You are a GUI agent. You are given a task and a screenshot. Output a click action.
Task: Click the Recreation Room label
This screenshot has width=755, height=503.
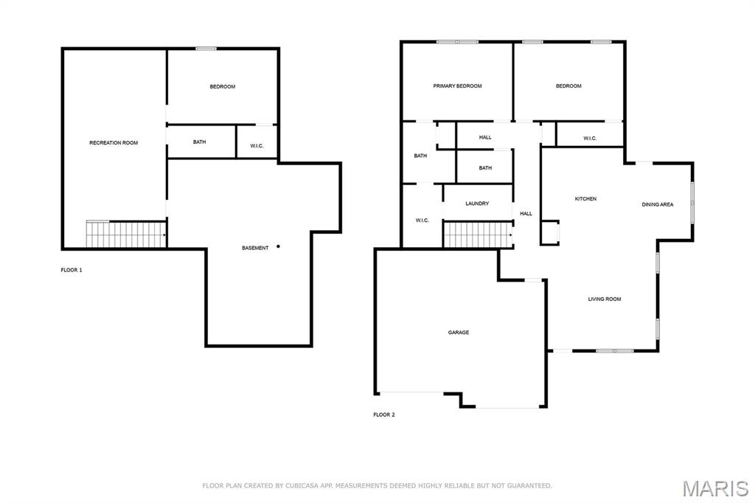tap(114, 142)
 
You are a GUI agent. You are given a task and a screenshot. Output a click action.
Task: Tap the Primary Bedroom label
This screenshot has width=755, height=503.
tap(457, 86)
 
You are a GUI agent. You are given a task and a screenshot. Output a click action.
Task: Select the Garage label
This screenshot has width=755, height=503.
tap(459, 333)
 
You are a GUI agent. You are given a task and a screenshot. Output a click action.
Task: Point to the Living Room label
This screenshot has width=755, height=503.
tap(605, 299)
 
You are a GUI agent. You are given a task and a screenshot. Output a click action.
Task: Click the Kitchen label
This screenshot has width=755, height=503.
tap(585, 198)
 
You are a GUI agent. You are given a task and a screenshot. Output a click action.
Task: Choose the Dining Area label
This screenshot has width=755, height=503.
tap(657, 204)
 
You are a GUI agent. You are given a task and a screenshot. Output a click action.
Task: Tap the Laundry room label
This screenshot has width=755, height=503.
tap(477, 204)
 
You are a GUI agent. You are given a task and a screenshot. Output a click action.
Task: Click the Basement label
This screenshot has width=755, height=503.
tap(255, 248)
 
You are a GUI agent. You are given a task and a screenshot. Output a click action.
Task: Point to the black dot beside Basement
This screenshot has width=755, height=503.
tap(278, 246)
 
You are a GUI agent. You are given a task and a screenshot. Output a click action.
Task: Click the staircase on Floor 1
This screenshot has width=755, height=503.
tap(126, 234)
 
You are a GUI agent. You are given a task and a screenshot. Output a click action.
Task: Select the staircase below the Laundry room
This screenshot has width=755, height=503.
tap(478, 235)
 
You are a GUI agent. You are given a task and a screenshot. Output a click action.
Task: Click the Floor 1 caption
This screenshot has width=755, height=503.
tap(72, 270)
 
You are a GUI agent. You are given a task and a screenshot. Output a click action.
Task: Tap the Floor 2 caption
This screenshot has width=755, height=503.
tap(383, 414)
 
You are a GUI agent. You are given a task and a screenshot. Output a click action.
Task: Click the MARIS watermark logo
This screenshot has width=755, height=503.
tap(715, 488)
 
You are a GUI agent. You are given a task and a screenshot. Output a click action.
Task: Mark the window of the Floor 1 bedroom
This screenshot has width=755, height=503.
tap(206, 49)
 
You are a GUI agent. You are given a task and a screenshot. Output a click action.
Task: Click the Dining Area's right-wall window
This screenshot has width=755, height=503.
tap(692, 202)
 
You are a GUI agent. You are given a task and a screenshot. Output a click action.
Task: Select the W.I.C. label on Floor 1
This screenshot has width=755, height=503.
tap(257, 146)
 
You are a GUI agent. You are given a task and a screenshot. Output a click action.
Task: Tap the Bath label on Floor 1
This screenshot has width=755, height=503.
tap(199, 142)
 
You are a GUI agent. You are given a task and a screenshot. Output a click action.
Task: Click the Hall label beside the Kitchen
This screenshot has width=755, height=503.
tap(526, 213)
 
